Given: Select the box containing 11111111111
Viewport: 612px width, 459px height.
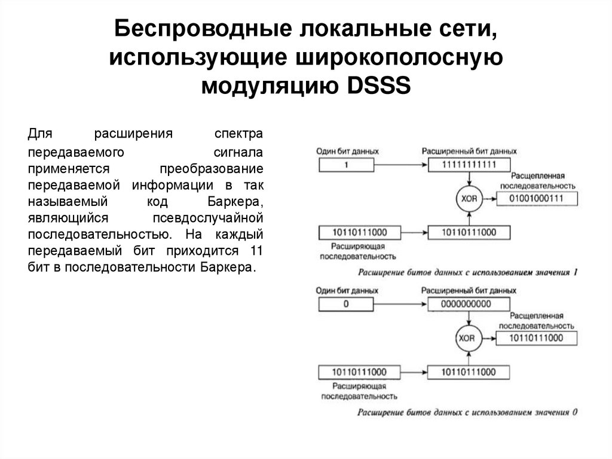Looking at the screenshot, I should coord(468,164).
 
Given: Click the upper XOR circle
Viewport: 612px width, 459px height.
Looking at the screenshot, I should coord(467,198).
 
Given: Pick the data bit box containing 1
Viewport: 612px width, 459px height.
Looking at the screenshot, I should coord(345,164).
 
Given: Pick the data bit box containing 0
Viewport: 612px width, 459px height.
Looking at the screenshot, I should coord(345,303).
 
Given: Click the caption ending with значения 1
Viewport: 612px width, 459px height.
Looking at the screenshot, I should coord(467,273).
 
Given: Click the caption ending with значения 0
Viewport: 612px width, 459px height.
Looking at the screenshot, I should coord(467,412).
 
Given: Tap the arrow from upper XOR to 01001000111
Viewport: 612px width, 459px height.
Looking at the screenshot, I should coord(487,198).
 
